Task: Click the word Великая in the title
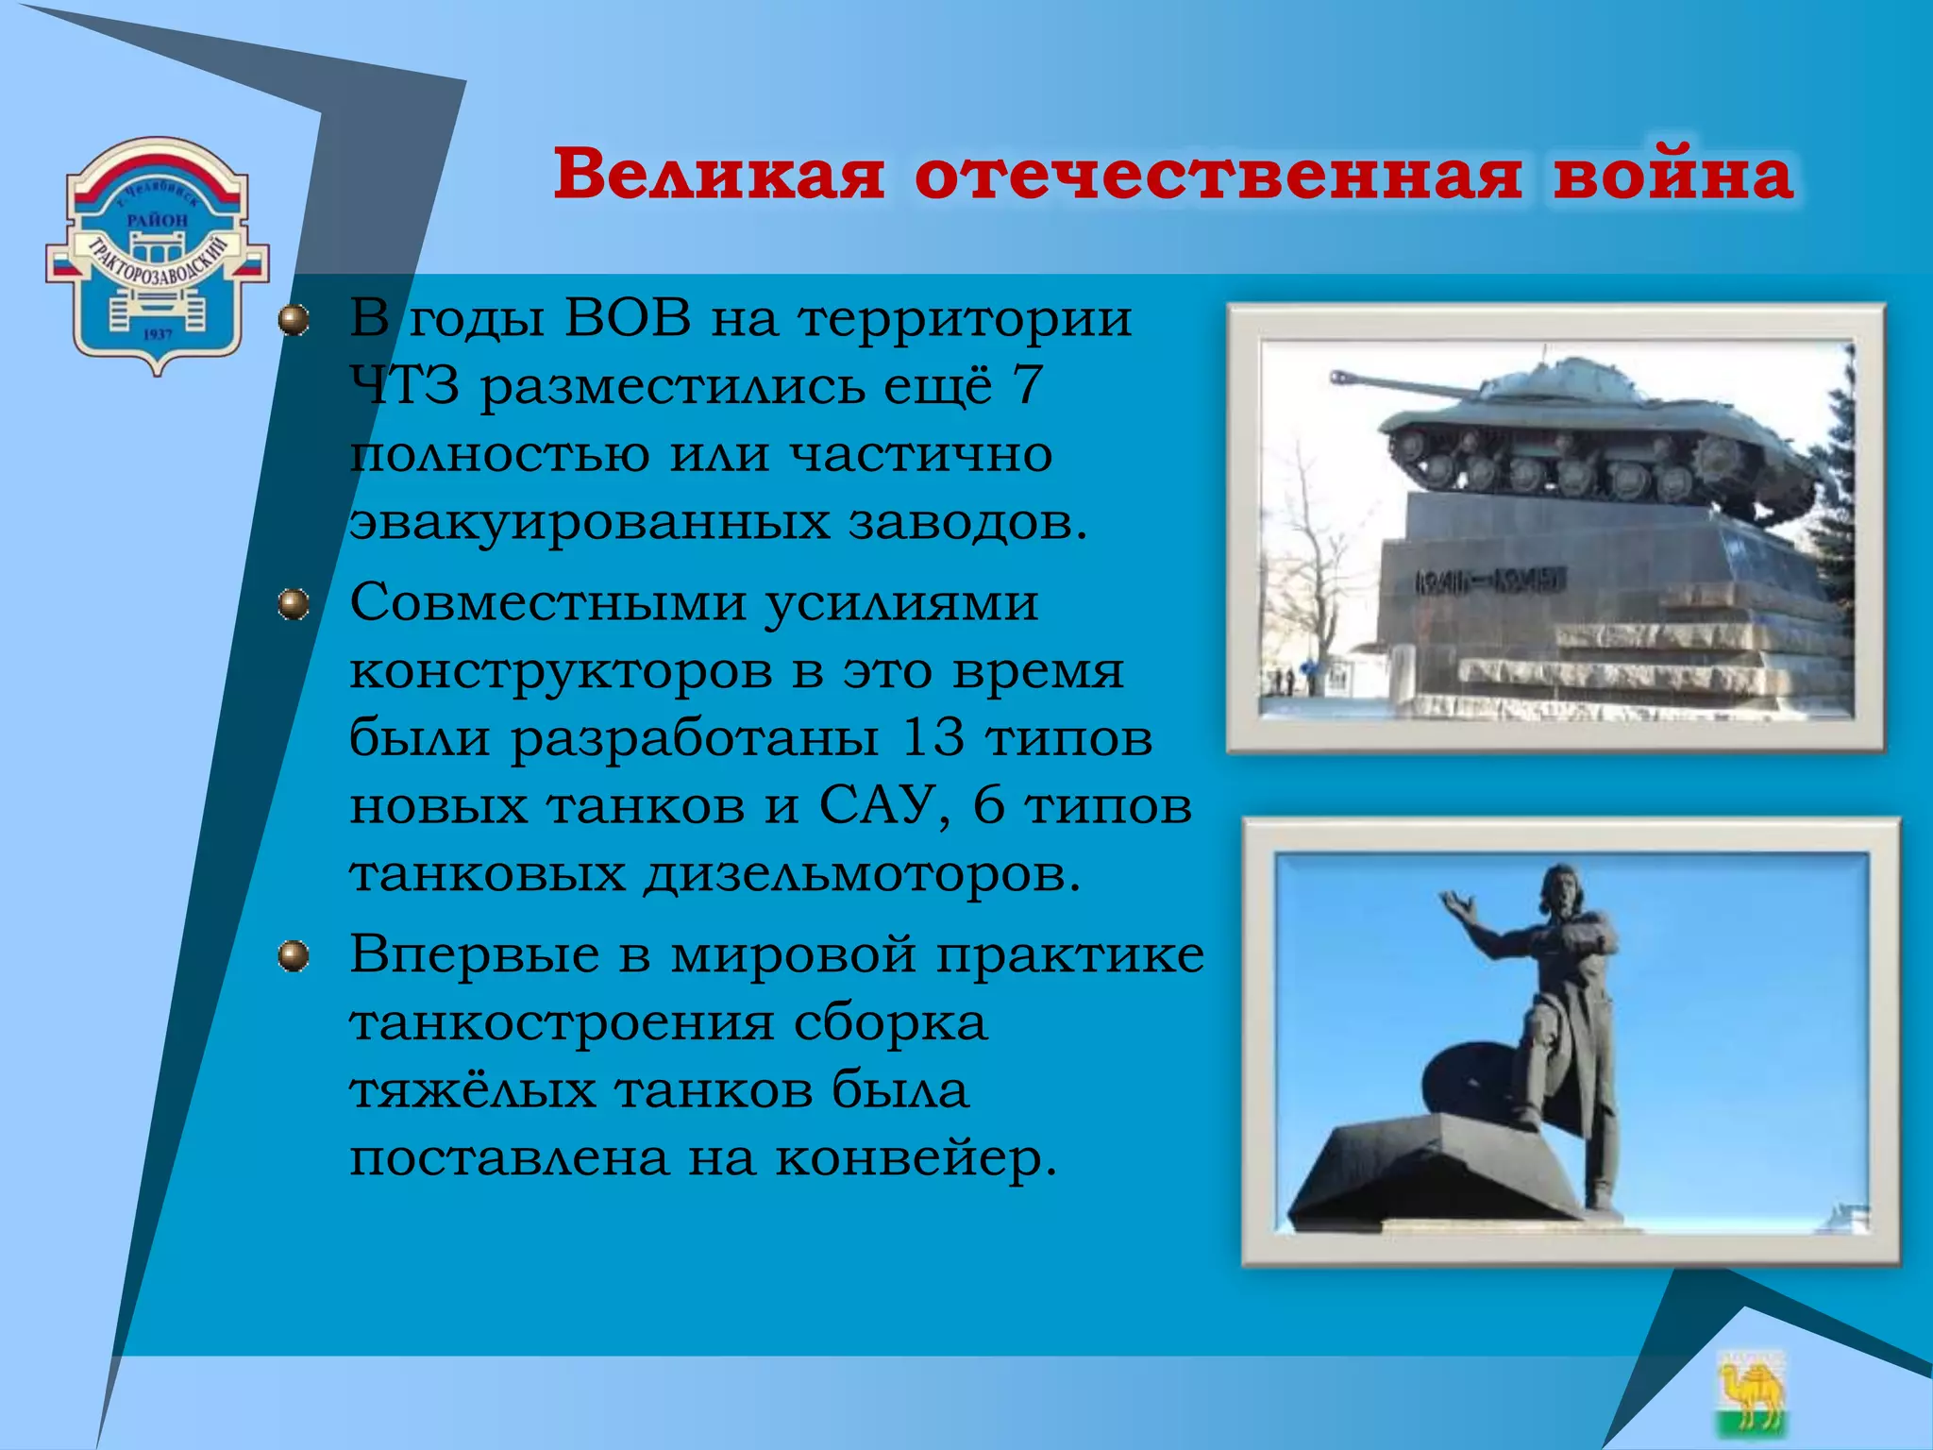(719, 176)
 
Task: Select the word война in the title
(1672, 176)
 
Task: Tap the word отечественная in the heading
(1218, 176)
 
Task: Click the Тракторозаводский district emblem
(158, 255)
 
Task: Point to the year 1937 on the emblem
(158, 334)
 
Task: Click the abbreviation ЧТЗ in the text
(405, 387)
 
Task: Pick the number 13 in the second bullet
(933, 738)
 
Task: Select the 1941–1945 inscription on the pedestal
(1489, 580)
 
